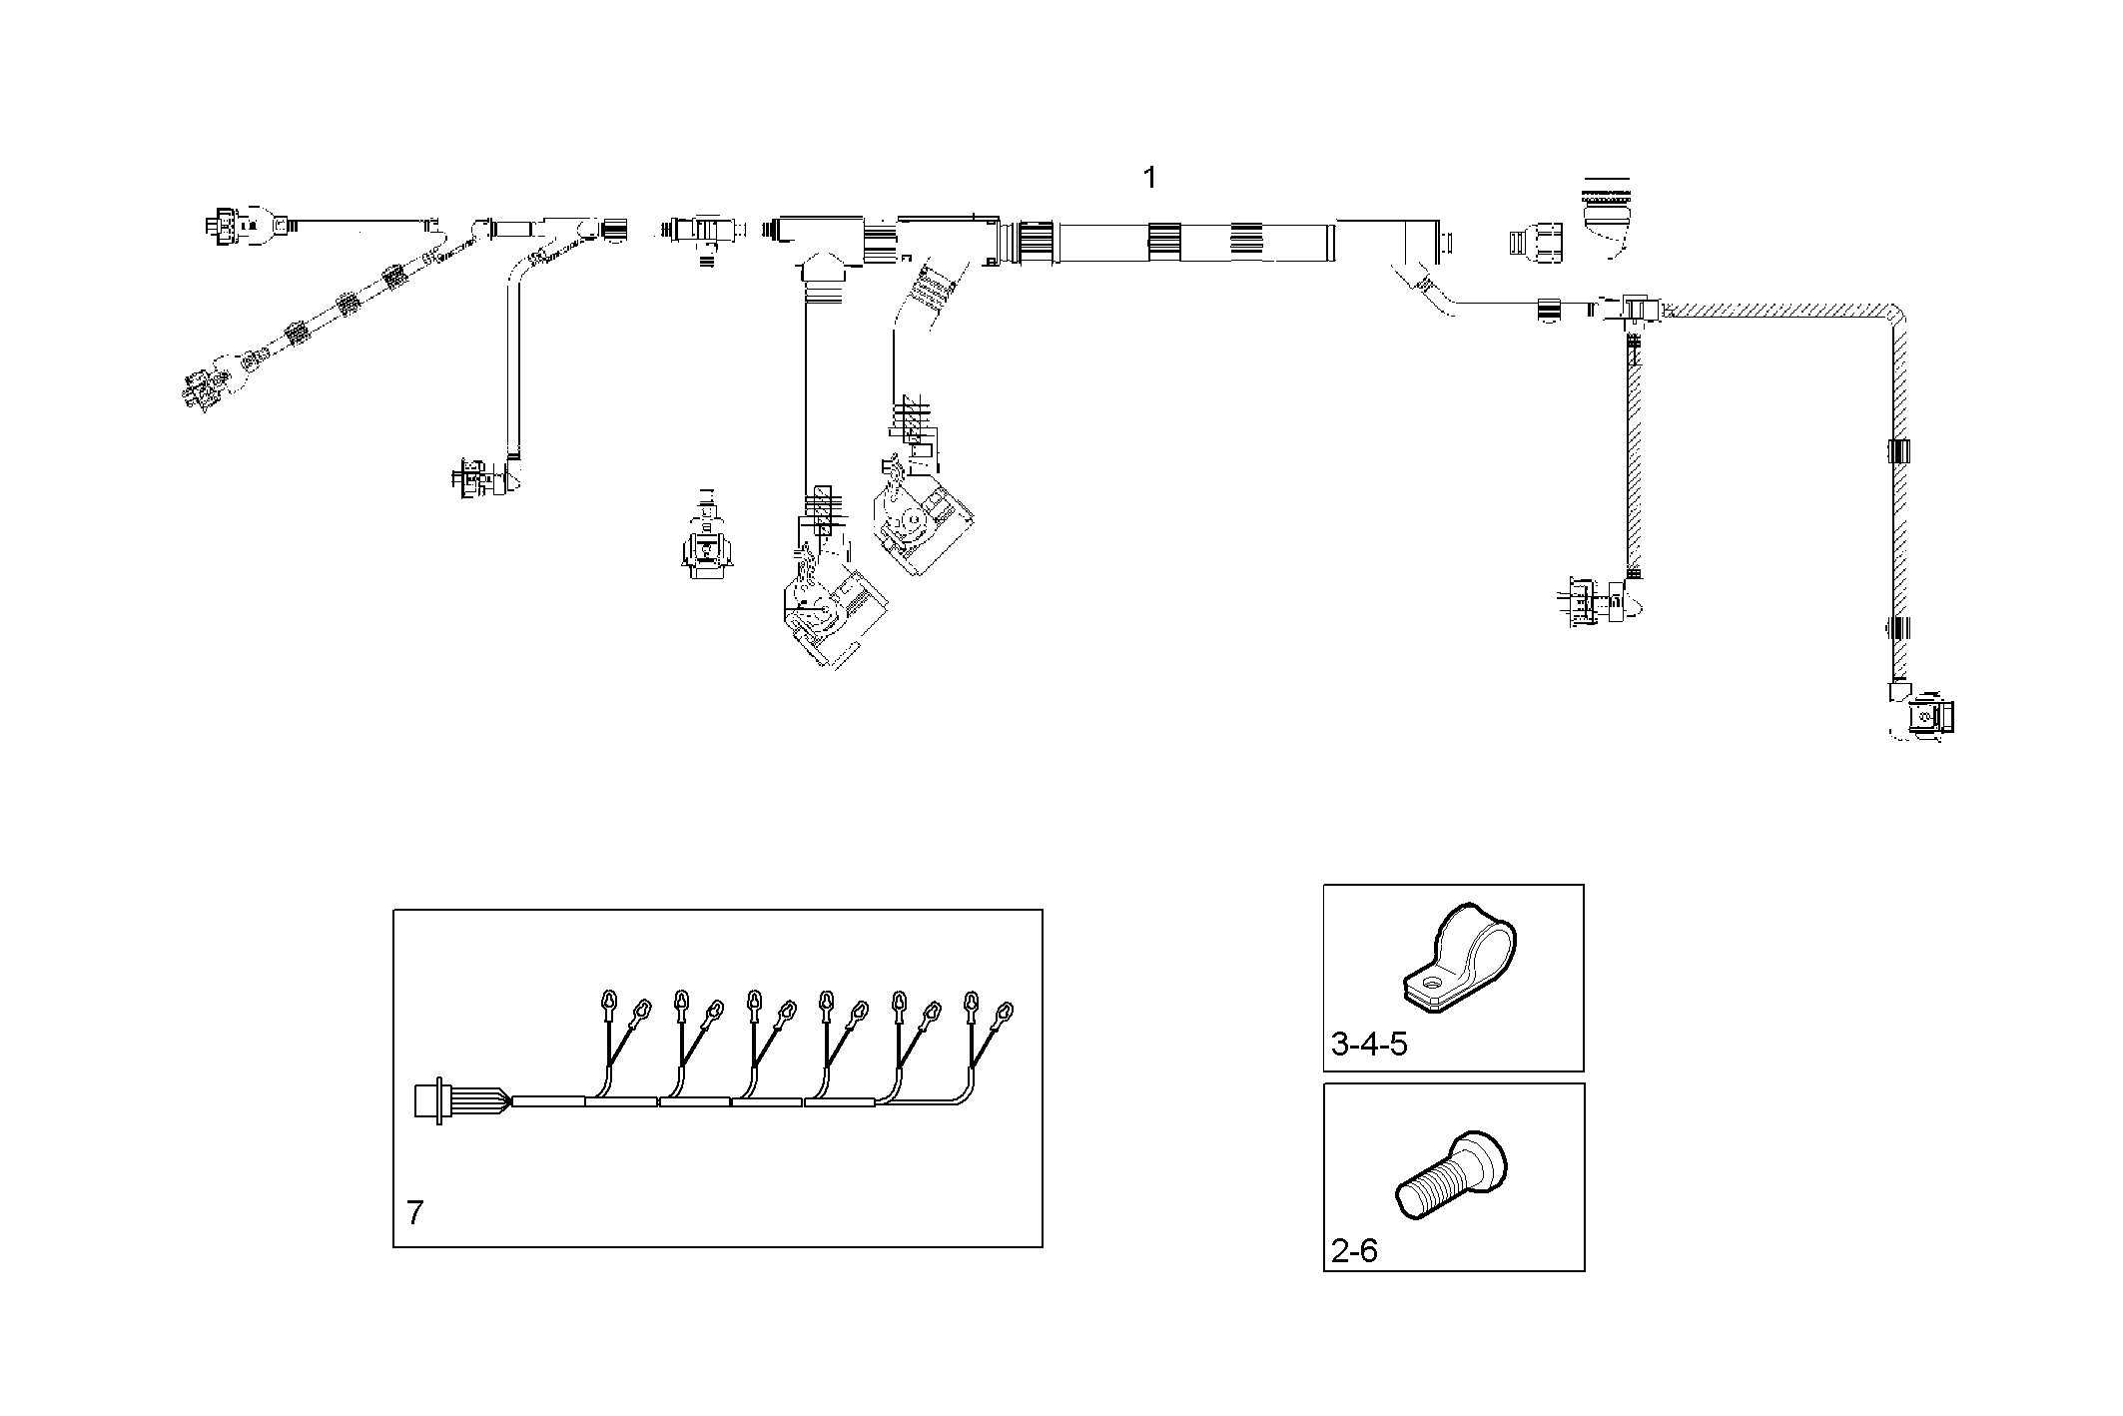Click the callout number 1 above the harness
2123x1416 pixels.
[1149, 179]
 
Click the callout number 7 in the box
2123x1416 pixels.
[415, 1213]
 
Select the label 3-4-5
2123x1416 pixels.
[1369, 1045]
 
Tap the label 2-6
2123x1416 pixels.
[1354, 1250]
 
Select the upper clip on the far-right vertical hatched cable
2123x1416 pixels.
[1898, 450]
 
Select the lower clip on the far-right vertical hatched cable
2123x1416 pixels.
[1898, 629]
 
